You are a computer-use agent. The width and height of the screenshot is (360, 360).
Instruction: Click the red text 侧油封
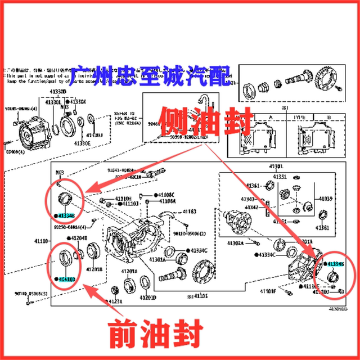tap(196, 119)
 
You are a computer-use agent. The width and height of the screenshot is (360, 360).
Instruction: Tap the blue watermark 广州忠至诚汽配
tap(150, 74)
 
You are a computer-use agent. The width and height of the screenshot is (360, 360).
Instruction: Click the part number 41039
tap(326, 199)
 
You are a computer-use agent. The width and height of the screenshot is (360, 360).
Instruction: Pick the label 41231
tap(114, 302)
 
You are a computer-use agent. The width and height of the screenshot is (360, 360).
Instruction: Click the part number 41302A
tap(235, 243)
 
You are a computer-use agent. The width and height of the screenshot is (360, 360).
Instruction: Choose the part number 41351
tap(280, 177)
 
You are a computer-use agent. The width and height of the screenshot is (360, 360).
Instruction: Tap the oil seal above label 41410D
tap(66, 259)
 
